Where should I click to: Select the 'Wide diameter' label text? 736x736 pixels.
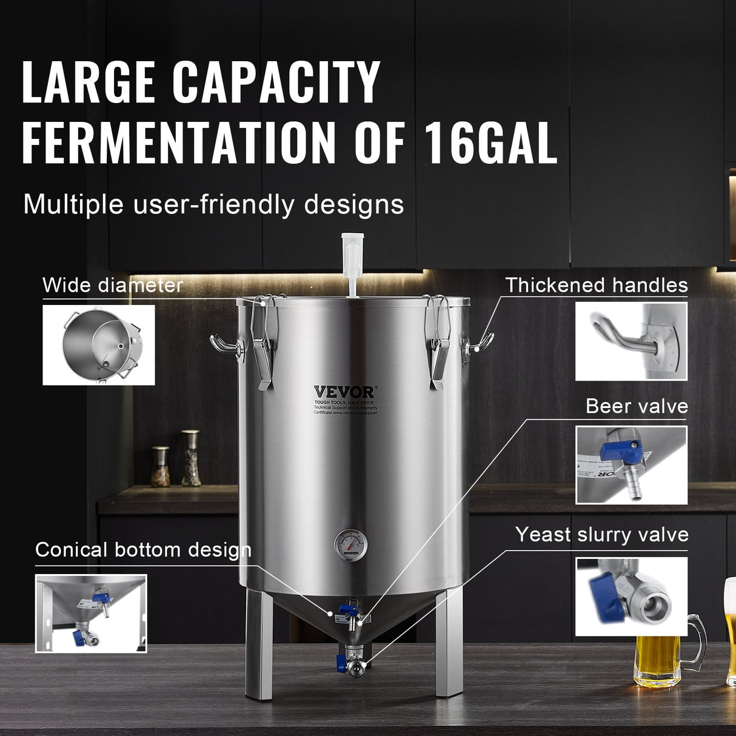click(113, 285)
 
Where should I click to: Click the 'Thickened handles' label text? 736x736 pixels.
click(597, 285)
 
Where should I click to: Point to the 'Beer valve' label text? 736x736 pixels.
click(637, 406)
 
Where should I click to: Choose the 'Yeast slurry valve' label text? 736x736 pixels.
click(602, 535)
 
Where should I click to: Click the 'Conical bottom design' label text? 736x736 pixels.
click(143, 550)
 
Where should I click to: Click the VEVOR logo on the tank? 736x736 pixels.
click(344, 392)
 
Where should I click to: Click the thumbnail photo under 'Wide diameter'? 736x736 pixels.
click(99, 344)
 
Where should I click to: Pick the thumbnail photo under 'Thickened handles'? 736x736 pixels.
click(631, 341)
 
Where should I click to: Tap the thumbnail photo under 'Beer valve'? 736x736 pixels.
click(631, 465)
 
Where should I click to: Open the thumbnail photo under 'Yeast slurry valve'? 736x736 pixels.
click(631, 597)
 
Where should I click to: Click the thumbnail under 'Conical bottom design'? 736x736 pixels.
click(91, 613)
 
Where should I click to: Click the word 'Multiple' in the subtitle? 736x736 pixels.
click(73, 205)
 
